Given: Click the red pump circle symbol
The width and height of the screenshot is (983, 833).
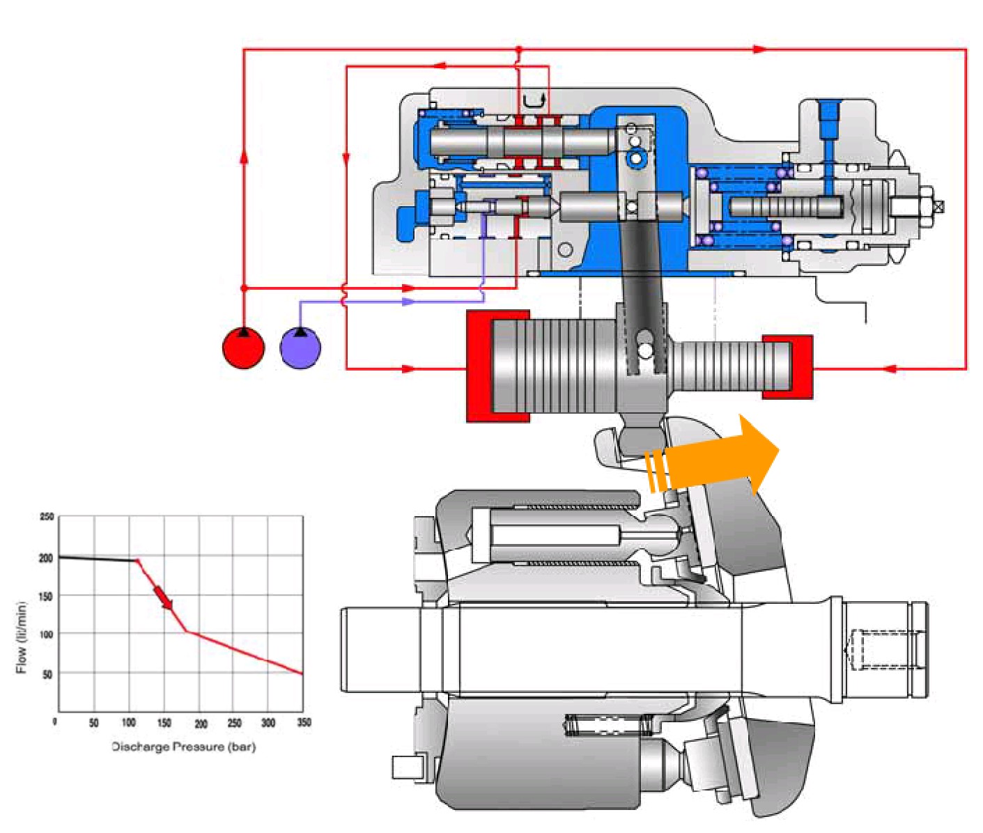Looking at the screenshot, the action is pos(244,348).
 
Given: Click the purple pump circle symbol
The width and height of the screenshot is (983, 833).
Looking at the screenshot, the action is pos(300,348).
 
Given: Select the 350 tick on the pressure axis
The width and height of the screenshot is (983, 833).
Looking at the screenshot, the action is pos(304,723).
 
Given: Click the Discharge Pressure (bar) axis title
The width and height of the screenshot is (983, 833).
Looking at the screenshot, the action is pos(184,747).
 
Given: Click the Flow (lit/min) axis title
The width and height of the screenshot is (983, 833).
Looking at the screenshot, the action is pos(22,637).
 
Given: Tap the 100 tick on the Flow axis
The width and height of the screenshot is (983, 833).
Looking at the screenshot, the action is pos(47,635).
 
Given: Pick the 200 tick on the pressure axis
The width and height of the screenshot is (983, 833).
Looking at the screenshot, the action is pos(201,723).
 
